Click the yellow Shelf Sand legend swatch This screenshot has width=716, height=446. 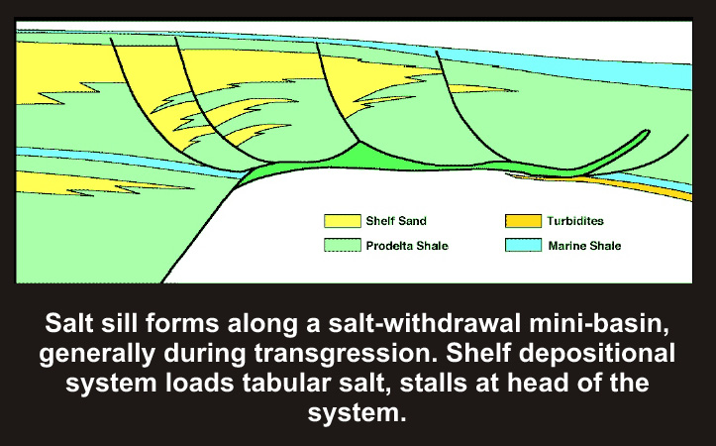343,221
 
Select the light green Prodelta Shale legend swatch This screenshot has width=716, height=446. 343,246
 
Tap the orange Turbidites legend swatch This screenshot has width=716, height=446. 523,221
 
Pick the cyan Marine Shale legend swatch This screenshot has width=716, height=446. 523,246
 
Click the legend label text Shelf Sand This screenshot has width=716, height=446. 396,221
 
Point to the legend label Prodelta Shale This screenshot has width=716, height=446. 407,246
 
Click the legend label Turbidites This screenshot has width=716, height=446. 575,221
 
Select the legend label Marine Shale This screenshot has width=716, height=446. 584,246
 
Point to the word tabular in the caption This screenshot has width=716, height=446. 287,383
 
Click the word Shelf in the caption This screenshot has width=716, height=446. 477,352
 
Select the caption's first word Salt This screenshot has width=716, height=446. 68,323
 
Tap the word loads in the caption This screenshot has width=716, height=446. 200,383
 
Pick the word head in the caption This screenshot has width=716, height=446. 540,383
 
